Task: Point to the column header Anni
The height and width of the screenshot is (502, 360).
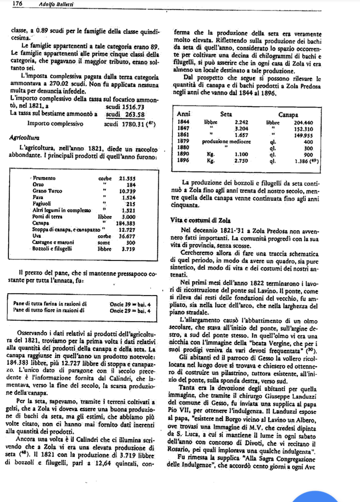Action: (x=183, y=115)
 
